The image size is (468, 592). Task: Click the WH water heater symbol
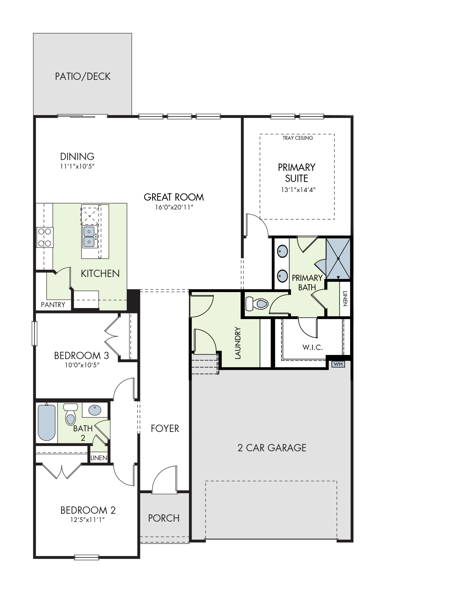pyautogui.click(x=338, y=364)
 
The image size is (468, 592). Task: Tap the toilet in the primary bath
pyautogui.click(x=257, y=304)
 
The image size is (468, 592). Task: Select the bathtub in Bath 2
pyautogui.click(x=47, y=422)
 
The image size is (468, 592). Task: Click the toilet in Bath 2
pyautogui.click(x=71, y=414)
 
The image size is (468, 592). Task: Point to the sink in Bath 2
pyautogui.click(x=95, y=410)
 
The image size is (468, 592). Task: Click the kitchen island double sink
pyautogui.click(x=89, y=236)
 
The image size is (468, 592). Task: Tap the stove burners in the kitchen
pyautogui.click(x=45, y=237)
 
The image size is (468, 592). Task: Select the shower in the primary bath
pyautogui.click(x=338, y=259)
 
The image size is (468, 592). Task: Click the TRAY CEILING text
pyautogui.click(x=298, y=138)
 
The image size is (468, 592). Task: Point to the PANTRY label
pyautogui.click(x=53, y=305)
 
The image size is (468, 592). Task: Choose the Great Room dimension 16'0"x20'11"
pyautogui.click(x=174, y=207)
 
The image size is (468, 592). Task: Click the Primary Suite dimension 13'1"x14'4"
pyautogui.click(x=298, y=190)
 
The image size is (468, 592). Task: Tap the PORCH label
pyautogui.click(x=164, y=518)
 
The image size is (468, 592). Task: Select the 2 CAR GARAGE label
pyautogui.click(x=272, y=448)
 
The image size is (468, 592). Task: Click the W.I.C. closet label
pyautogui.click(x=313, y=347)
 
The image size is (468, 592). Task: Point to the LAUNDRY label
pyautogui.click(x=238, y=343)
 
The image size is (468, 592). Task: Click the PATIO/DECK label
pyautogui.click(x=83, y=76)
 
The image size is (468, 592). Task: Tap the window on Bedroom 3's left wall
pyautogui.click(x=35, y=333)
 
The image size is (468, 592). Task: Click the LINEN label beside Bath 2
pyautogui.click(x=99, y=458)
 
